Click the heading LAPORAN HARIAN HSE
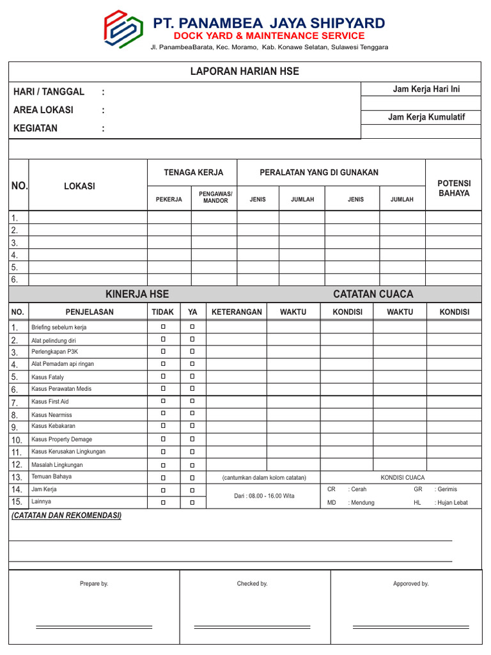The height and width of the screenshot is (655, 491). point(245,72)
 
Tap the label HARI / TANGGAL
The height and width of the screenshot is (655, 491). point(49,92)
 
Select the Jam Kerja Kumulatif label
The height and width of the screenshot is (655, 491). point(426,117)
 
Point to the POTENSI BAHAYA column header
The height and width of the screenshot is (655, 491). point(454,188)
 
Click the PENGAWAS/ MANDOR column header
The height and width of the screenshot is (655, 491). point(215,196)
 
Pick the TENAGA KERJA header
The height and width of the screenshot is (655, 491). point(194,173)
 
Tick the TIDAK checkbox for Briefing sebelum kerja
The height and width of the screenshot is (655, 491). point(163,327)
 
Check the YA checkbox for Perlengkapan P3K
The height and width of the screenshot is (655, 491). point(192,351)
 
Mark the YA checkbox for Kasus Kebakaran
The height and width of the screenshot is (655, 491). point(192,426)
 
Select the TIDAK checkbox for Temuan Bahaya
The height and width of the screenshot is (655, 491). point(163,477)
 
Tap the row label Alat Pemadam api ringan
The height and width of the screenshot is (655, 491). point(63,364)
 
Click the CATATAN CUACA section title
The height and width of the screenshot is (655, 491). point(373,294)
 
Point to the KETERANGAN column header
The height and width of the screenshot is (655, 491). point(237,312)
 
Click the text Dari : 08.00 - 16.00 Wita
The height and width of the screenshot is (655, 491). point(264,496)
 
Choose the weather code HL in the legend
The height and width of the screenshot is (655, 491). point(418,503)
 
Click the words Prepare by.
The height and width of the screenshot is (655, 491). point(94,583)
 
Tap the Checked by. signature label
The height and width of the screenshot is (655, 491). point(252,583)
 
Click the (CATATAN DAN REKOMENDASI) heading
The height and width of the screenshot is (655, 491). point(66,516)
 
